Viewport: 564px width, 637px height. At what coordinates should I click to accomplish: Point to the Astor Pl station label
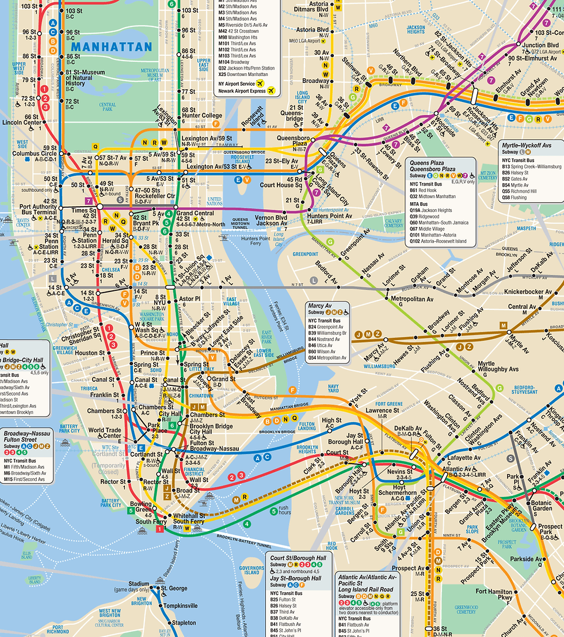pos(189,299)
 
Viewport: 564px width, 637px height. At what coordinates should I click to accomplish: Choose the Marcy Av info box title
pos(321,305)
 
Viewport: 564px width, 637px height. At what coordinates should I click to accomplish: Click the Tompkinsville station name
pos(180,606)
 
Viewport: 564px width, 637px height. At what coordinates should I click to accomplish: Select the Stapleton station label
pos(184,623)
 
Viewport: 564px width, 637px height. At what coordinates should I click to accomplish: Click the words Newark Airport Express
pos(241,91)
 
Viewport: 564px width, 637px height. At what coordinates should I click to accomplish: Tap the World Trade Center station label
pos(104,433)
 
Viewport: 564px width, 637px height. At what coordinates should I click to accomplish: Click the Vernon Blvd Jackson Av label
pos(271,221)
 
